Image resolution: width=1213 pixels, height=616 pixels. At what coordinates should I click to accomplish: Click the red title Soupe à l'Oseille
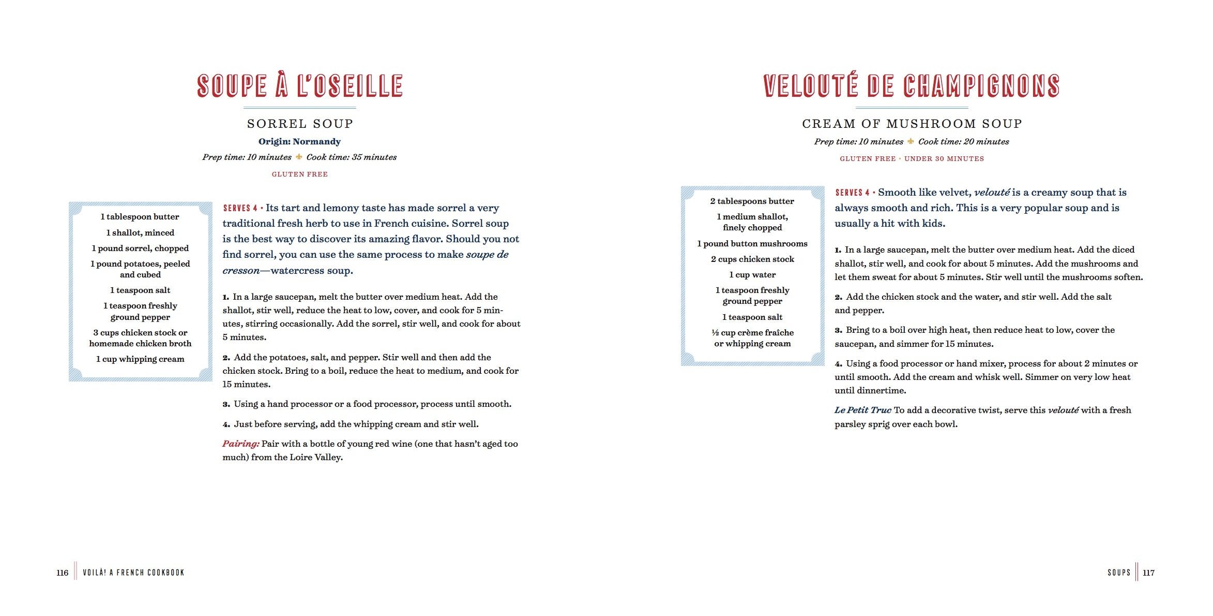tap(300, 86)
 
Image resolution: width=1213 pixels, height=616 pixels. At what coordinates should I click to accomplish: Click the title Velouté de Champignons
tap(912, 86)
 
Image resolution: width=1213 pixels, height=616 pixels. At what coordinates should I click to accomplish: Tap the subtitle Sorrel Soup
tap(300, 124)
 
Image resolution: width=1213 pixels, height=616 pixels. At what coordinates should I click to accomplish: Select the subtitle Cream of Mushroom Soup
tap(912, 124)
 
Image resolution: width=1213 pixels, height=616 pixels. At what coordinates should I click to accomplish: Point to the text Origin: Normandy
tap(299, 141)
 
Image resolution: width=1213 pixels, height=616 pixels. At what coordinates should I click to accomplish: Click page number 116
tap(62, 573)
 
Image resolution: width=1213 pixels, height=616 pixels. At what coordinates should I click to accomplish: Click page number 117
tap(1148, 573)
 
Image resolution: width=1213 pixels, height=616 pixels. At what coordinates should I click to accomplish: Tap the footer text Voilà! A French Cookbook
tap(133, 573)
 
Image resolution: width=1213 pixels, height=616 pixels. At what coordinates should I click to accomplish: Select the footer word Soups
tap(1119, 573)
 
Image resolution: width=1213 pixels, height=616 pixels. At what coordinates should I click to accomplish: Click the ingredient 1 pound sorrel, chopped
tap(140, 248)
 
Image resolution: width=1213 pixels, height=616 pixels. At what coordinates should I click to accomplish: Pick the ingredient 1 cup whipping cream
tap(140, 359)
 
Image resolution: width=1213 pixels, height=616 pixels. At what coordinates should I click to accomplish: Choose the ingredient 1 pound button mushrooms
tap(752, 244)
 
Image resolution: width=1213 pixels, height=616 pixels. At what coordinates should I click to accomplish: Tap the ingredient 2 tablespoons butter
tap(752, 201)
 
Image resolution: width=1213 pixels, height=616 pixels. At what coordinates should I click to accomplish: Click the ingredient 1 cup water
tap(752, 275)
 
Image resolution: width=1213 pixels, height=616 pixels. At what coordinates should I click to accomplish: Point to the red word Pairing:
tap(241, 444)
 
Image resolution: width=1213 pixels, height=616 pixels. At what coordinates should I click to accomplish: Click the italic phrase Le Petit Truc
tap(862, 410)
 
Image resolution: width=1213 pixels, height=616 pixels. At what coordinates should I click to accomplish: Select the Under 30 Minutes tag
tap(944, 159)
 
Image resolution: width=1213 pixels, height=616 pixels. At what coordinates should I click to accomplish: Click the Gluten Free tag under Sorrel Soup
tap(300, 174)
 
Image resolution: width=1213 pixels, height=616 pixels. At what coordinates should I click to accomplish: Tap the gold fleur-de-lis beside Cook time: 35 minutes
tap(299, 157)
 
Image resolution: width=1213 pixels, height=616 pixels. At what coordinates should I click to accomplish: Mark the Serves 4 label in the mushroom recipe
tap(852, 193)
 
